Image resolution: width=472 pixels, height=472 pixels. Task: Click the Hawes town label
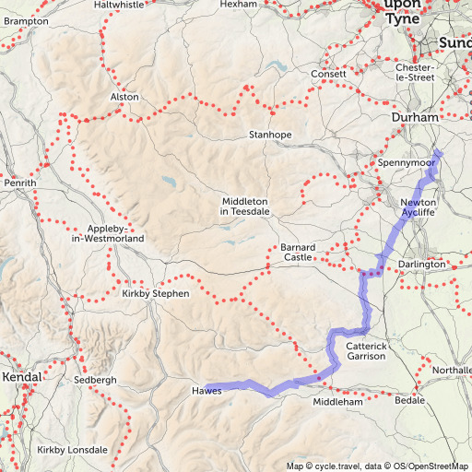tap(207, 391)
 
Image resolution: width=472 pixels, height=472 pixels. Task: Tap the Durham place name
tap(416, 119)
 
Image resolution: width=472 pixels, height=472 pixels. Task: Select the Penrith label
tap(20, 183)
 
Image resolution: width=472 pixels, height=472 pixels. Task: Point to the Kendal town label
tap(23, 378)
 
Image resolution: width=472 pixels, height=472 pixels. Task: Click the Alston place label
tap(124, 97)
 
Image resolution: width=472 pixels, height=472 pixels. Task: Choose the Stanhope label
tap(270, 135)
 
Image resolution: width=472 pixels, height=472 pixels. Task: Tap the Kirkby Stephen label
tap(155, 293)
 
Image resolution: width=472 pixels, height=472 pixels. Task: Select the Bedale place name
tap(409, 400)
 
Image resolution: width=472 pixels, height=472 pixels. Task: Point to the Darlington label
tap(421, 265)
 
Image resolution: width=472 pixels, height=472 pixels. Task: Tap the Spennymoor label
tap(406, 163)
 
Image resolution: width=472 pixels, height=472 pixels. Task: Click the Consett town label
tap(328, 74)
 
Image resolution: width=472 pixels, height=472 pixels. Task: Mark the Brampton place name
tap(26, 20)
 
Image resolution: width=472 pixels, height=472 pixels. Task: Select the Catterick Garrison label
tap(372, 350)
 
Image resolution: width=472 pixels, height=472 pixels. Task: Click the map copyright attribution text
tap(378, 466)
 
